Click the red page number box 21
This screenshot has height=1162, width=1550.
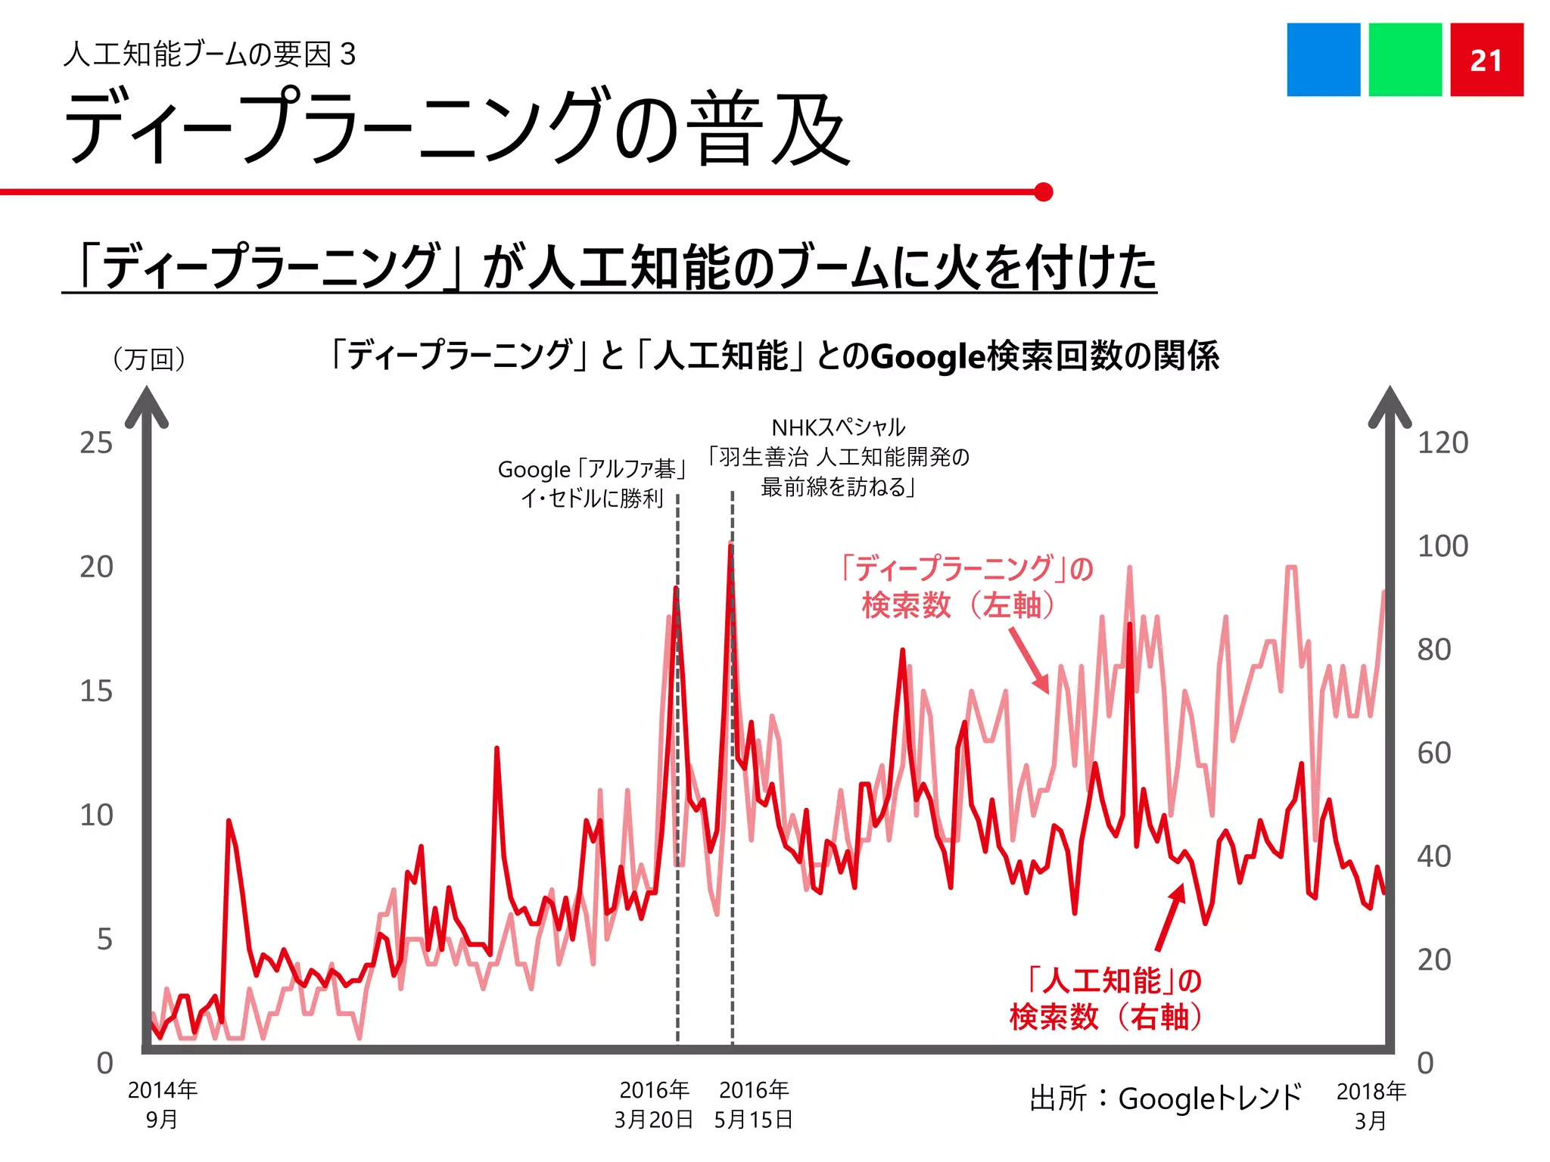click(x=1486, y=60)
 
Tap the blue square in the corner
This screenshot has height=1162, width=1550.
click(x=1323, y=60)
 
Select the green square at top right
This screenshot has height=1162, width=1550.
click(x=1405, y=60)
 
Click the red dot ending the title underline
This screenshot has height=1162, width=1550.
click(x=1043, y=192)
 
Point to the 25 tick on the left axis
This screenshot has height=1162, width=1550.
click(x=96, y=443)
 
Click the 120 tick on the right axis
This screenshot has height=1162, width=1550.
click(x=1443, y=443)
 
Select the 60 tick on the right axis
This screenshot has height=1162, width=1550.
click(x=1434, y=753)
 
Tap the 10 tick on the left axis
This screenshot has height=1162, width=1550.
click(x=96, y=816)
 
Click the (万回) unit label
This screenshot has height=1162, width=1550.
click(x=149, y=359)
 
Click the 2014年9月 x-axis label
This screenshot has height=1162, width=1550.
click(x=162, y=1104)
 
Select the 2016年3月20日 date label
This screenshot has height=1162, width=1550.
click(x=654, y=1104)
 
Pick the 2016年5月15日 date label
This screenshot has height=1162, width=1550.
click(x=754, y=1104)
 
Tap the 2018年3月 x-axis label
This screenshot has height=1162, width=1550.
click(x=1371, y=1105)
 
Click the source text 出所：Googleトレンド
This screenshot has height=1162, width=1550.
click(x=1165, y=1098)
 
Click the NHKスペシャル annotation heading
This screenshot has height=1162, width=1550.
click(x=838, y=427)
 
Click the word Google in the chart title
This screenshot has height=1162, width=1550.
click(x=928, y=356)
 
